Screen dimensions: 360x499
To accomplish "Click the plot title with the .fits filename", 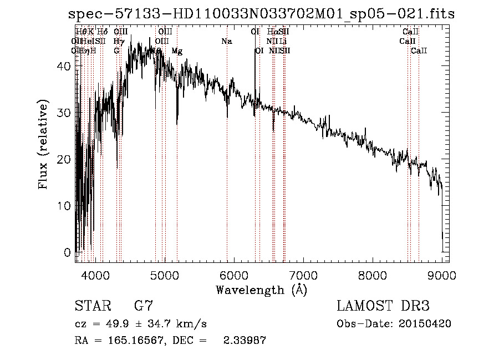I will click(x=258, y=14).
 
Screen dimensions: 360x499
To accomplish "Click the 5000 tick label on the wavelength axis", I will click(x=164, y=274).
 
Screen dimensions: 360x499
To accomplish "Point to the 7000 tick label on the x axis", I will click(x=303, y=274).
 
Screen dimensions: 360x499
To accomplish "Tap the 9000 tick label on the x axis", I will click(x=442, y=274).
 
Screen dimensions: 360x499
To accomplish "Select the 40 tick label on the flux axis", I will click(x=64, y=66).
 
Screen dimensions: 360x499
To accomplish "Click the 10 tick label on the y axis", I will click(x=64, y=206).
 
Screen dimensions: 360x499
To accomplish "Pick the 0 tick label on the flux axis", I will click(x=68, y=252).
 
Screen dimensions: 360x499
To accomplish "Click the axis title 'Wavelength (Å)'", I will click(x=261, y=290).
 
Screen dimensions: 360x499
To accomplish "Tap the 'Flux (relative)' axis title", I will click(x=43, y=144).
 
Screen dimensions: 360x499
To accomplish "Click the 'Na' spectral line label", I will click(x=226, y=42).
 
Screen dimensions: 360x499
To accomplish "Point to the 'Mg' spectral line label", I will click(x=177, y=51).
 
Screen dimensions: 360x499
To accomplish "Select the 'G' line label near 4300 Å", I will click(x=116, y=51).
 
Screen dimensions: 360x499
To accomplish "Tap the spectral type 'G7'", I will click(x=144, y=306).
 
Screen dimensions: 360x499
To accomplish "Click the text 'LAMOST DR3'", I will click(x=383, y=306).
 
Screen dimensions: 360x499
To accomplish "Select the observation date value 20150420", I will click(x=424, y=324).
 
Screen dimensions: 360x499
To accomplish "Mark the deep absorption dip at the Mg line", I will click(x=177, y=123).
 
